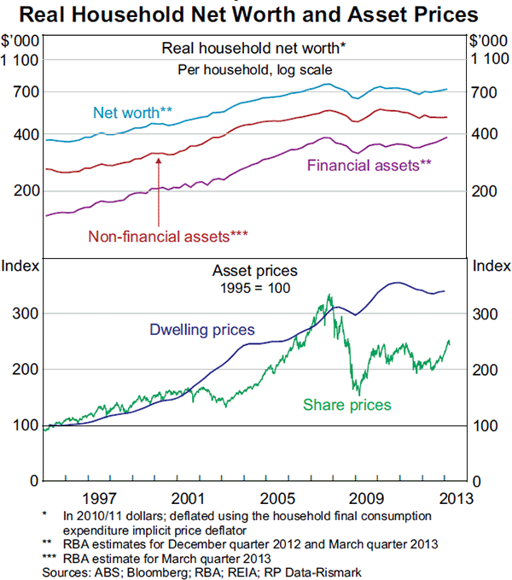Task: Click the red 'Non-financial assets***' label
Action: pos(168,234)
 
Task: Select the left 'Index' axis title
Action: pos(20,267)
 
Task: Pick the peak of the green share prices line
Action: pos(330,295)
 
